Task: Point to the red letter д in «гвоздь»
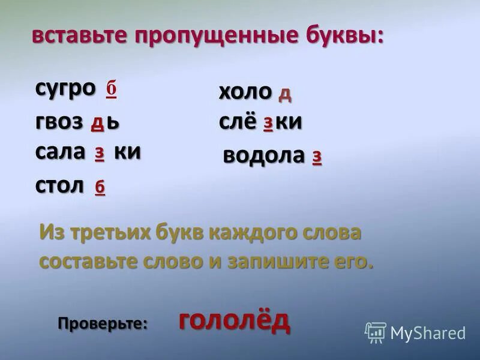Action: coord(97,122)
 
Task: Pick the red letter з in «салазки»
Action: coord(100,153)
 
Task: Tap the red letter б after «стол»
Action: coord(100,187)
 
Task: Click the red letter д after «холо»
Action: coord(285,93)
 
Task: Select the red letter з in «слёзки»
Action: coord(268,122)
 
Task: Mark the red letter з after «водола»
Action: coord(317,157)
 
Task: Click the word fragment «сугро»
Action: coord(65,88)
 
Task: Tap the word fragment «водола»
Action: coord(263,155)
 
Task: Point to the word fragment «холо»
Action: coord(245,92)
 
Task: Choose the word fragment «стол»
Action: coord(59,185)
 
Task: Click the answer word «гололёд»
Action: coord(234,321)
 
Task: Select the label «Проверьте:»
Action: coord(103,323)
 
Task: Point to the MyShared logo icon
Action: coord(376,332)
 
